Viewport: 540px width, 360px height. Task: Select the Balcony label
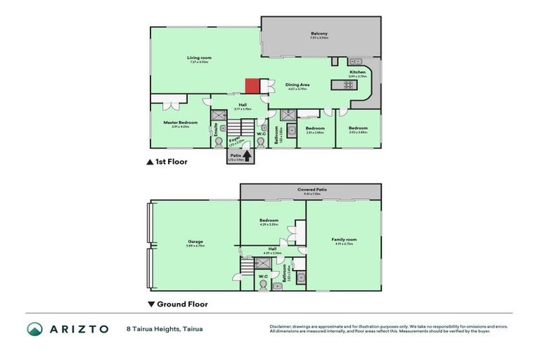click(x=319, y=34)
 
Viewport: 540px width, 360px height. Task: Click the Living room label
click(x=199, y=58)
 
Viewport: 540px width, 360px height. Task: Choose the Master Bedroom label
click(x=181, y=122)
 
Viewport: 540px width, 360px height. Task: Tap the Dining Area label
click(x=297, y=84)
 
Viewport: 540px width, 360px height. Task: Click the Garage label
click(x=195, y=241)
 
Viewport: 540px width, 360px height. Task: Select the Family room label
click(x=344, y=240)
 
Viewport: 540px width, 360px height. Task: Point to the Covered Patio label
click(x=311, y=190)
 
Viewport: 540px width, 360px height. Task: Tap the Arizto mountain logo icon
click(x=35, y=328)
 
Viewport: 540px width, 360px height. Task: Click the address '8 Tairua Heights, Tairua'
click(x=164, y=328)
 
